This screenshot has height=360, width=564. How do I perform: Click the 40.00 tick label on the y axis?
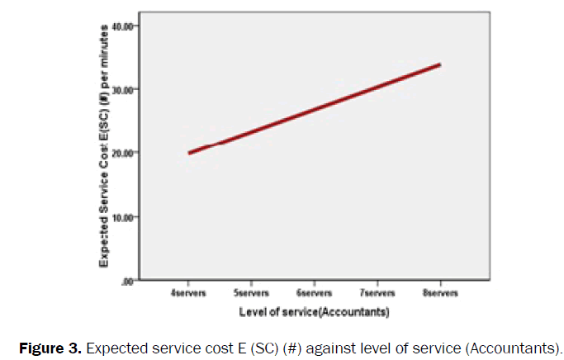coord(122,26)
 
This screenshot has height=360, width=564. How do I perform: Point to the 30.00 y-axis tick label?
coord(122,89)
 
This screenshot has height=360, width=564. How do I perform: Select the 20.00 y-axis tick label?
coord(122,153)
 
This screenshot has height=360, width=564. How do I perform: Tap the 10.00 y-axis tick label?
coord(122,217)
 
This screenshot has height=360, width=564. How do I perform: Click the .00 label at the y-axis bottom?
coord(126,281)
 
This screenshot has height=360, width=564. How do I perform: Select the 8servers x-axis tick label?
coord(440,293)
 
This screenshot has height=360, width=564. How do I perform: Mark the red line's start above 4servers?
coord(190,153)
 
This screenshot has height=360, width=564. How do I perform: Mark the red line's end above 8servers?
coord(439,64)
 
